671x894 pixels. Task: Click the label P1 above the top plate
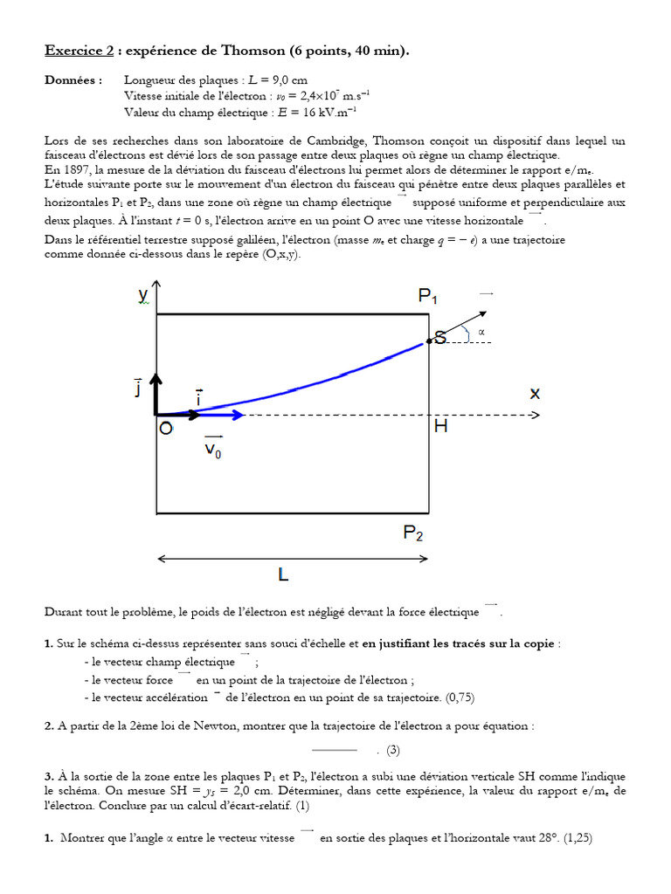(427, 298)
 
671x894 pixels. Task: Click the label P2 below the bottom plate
(416, 533)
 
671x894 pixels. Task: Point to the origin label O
(165, 429)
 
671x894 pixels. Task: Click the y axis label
(143, 296)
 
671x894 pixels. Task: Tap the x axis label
(535, 394)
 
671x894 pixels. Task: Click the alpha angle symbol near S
(481, 332)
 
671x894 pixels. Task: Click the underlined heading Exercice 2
(80, 52)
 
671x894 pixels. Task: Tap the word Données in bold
(73, 79)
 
